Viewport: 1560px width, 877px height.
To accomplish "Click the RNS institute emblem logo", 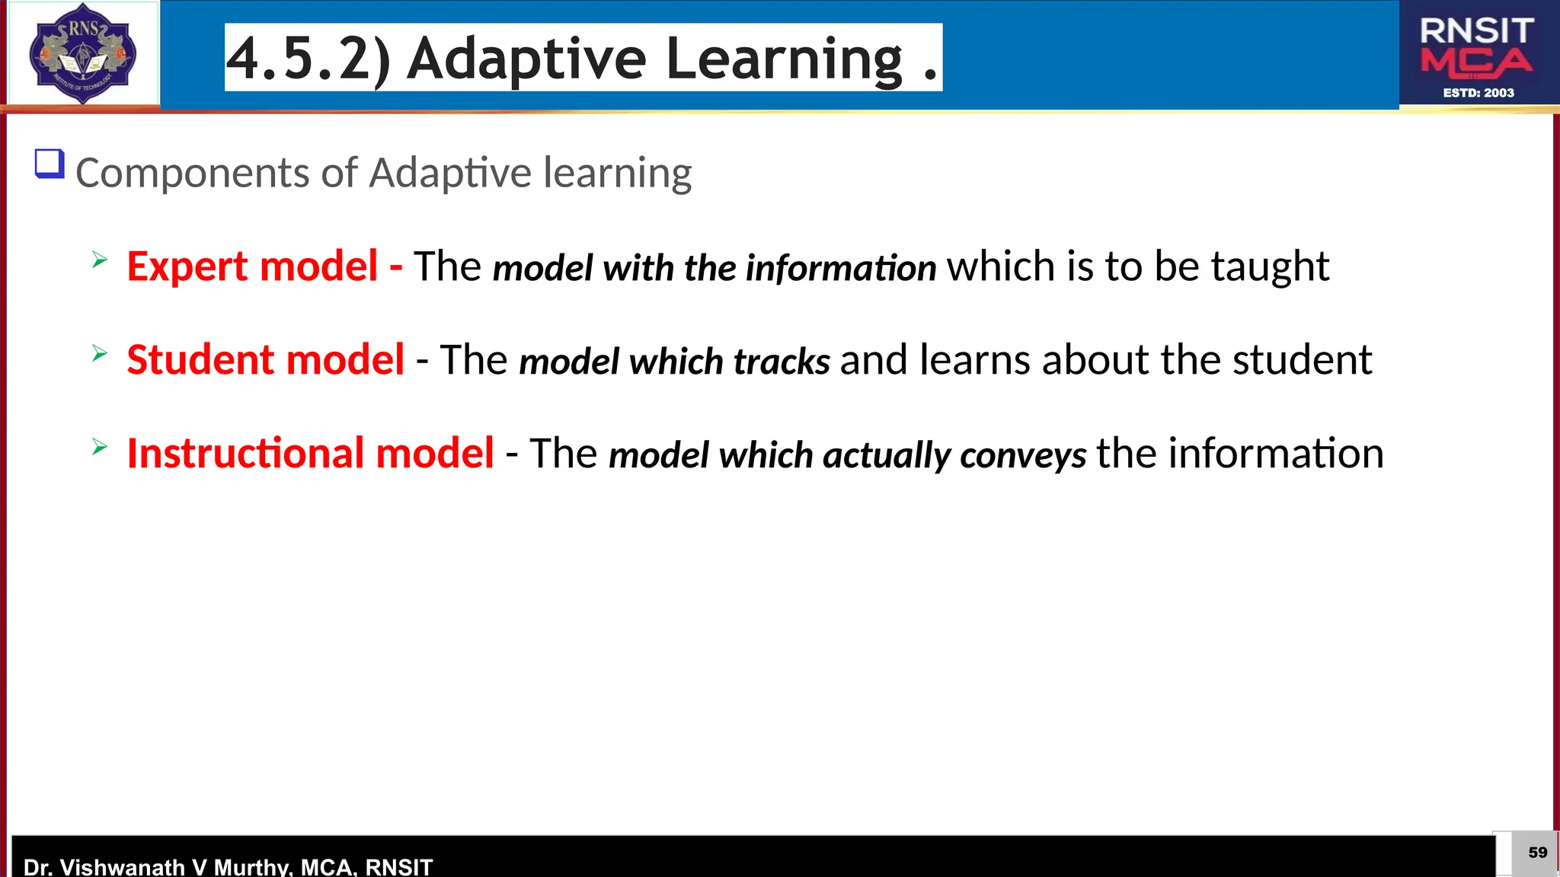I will (x=82, y=53).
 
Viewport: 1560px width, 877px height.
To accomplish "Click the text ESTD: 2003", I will (x=1478, y=93).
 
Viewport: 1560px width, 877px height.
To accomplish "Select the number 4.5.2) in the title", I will (x=309, y=59).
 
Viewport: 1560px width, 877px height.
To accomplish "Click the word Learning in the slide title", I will (x=784, y=59).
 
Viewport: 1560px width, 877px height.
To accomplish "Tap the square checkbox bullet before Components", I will (x=50, y=164).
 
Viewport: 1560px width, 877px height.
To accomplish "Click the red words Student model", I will (x=265, y=361).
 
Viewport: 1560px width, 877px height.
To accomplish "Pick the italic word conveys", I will (x=1023, y=455).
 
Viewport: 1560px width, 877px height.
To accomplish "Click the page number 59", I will (x=1537, y=853).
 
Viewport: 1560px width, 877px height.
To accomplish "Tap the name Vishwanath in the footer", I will (x=122, y=867).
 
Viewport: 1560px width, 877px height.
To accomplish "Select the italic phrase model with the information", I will (x=714, y=269).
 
